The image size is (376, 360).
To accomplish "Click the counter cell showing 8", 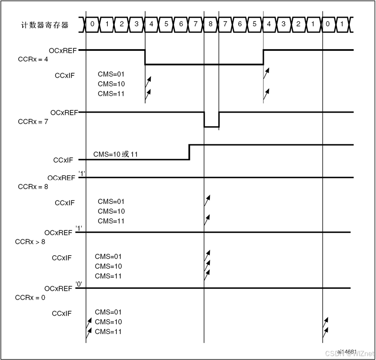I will (x=211, y=24).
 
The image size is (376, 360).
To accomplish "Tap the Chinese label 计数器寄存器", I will (x=45, y=25).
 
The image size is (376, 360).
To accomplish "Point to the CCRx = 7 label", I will (x=33, y=121).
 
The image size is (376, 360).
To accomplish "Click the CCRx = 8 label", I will (x=33, y=187).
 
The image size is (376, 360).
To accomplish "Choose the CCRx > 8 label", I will (x=30, y=241).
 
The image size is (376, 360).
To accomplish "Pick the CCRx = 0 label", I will (x=30, y=297).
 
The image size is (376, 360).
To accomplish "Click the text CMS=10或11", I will (x=115, y=154).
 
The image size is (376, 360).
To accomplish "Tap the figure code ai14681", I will (x=346, y=351).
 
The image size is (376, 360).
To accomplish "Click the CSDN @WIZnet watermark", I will (x=349, y=353).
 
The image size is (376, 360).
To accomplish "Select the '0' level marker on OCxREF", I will (x=79, y=284).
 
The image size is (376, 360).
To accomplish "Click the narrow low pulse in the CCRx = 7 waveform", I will (x=211, y=127).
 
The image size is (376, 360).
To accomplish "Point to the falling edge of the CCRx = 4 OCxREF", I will (x=145, y=57).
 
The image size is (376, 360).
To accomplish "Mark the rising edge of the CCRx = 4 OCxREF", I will (x=263, y=57).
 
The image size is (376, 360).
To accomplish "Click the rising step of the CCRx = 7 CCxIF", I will (x=189, y=152).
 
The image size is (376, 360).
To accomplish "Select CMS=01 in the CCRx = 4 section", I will (x=111, y=74).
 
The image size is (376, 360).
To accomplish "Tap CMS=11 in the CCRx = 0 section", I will (x=108, y=332).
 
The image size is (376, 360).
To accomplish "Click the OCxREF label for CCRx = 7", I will (x=63, y=113).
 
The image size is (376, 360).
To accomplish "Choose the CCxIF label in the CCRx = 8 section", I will (x=65, y=203).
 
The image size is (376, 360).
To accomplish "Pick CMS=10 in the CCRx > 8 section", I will (x=108, y=266).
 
